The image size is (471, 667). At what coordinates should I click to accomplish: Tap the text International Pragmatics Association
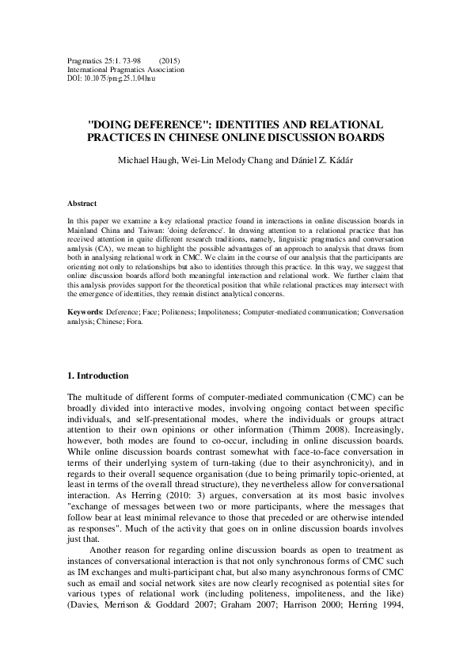coord(126,70)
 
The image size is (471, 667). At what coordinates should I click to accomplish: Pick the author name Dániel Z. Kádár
coord(318,162)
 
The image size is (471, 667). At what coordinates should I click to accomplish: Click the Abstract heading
coord(82,204)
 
